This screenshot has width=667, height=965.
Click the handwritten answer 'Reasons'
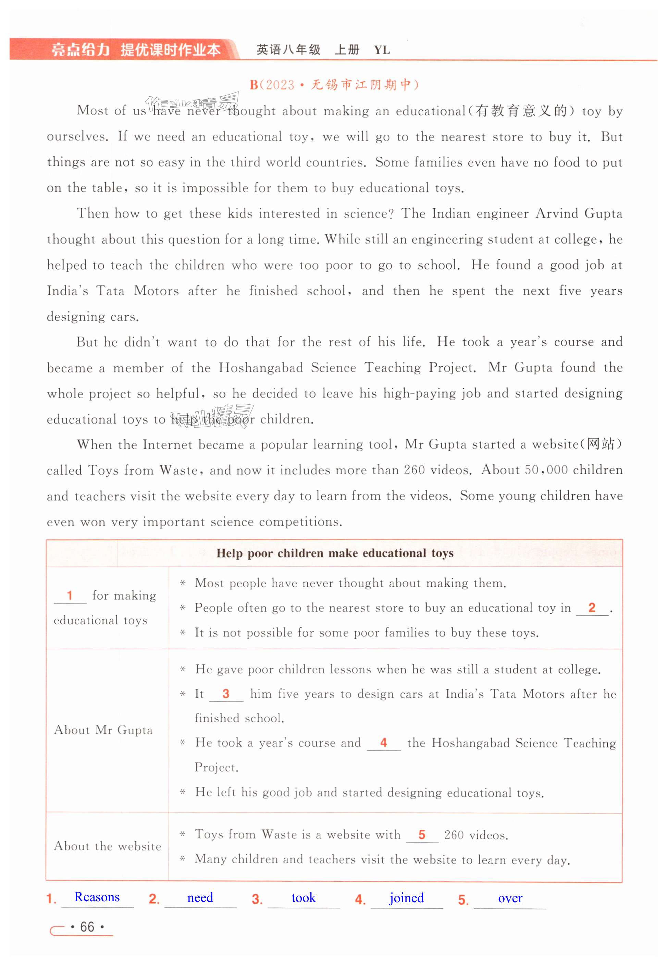pos(97,897)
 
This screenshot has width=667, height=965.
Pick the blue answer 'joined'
pos(406,898)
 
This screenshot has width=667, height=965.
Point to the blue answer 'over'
pos(510,898)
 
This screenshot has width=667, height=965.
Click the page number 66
pos(87,927)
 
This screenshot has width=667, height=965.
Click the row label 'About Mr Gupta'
pos(103,730)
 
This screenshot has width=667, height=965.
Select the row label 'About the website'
pos(108,846)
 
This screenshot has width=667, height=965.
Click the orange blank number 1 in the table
pos(70,595)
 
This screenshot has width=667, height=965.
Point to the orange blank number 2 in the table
pos(592,607)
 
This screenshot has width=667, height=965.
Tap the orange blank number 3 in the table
pos(226,694)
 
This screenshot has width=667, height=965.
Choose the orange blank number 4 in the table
pos(384,742)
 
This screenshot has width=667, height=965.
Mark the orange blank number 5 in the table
pos(422,834)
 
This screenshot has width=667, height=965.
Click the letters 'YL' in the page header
pos(382,50)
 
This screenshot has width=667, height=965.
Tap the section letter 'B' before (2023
pos(254,85)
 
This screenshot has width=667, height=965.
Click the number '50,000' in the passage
pos(546,470)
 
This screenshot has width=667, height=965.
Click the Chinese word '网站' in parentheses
pos(601,444)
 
